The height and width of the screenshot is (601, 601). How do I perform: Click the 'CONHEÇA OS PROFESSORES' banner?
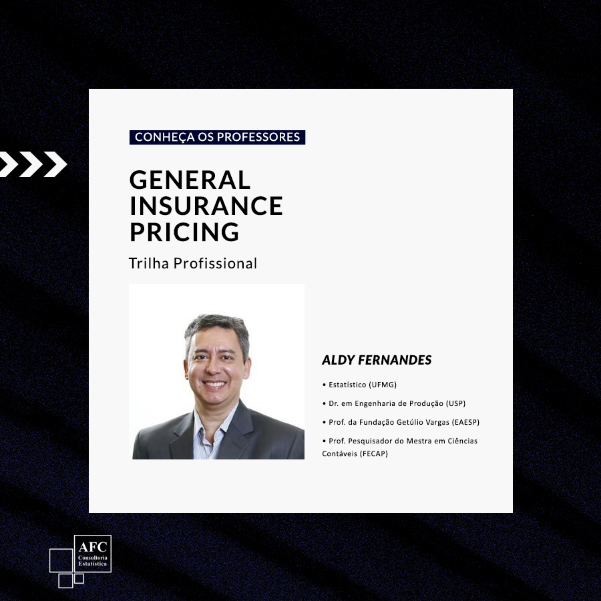click(x=217, y=137)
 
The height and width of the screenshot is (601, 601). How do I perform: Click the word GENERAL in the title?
click(x=190, y=180)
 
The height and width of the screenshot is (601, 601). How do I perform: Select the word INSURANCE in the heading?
click(x=206, y=206)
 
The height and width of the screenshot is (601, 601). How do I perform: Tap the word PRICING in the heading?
click(x=184, y=232)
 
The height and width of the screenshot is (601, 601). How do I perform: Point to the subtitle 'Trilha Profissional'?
click(x=193, y=263)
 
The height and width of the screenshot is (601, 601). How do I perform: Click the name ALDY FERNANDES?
click(x=377, y=360)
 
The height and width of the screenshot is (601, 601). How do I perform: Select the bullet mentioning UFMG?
click(x=359, y=385)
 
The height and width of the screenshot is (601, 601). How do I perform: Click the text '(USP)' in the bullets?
click(x=455, y=403)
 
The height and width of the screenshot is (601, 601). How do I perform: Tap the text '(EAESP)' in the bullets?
click(x=465, y=422)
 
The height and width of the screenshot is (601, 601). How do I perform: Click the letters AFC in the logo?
click(x=93, y=546)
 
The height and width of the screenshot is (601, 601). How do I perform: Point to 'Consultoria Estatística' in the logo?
click(x=93, y=561)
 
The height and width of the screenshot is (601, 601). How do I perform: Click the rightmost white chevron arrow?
click(x=55, y=164)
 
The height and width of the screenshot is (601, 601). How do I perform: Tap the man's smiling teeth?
click(x=214, y=383)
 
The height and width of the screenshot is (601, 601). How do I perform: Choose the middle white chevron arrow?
click(x=31, y=164)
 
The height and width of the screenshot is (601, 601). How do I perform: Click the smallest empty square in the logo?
click(x=79, y=578)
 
